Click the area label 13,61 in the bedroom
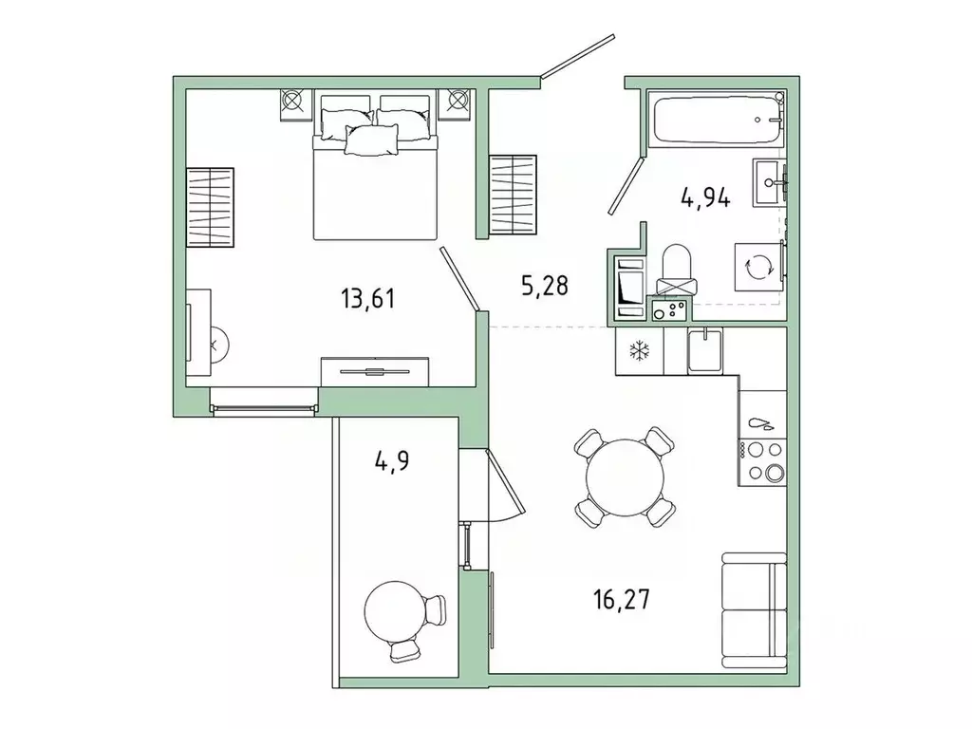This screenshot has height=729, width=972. point(367,300)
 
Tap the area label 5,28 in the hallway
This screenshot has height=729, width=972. point(544,284)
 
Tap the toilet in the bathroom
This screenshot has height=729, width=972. point(678,271)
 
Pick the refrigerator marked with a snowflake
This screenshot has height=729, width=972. point(638,351)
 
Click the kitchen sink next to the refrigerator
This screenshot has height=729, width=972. point(703,350)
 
